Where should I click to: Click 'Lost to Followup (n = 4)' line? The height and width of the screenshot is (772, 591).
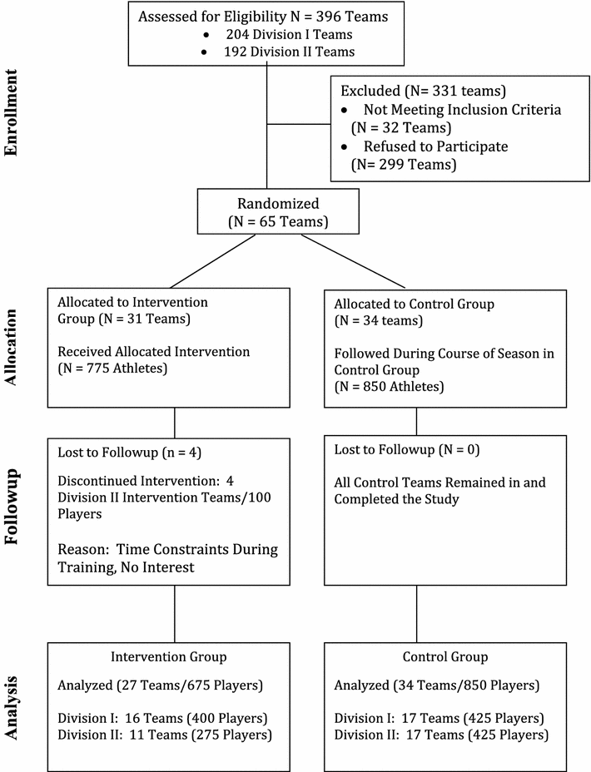(127, 453)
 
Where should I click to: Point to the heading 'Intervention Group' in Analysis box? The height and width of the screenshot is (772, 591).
(168, 657)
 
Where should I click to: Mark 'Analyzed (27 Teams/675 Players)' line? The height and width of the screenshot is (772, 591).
(161, 687)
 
